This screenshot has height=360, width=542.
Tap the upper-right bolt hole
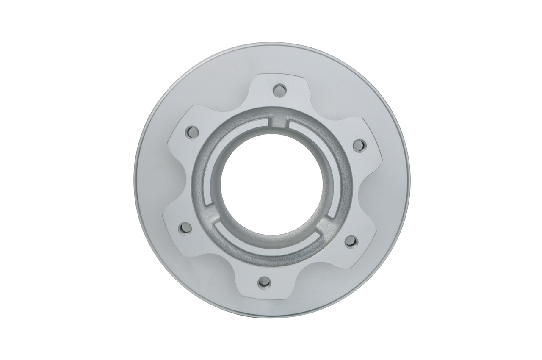359,145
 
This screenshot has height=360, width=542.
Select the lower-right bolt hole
351,242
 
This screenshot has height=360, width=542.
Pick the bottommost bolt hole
264,282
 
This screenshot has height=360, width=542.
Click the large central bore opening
271,186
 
